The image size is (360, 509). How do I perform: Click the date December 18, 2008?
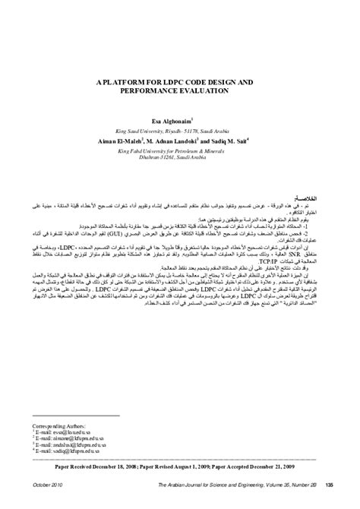(x=135, y=470)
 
